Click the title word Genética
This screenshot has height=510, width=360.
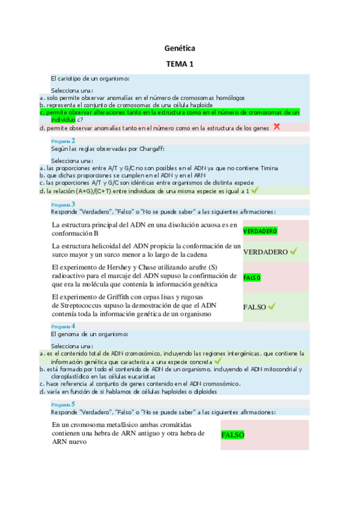[x=180, y=48]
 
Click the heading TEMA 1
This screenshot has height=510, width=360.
[x=180, y=64]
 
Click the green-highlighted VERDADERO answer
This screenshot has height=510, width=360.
[x=260, y=232]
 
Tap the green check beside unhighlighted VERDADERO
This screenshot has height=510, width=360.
[x=293, y=251]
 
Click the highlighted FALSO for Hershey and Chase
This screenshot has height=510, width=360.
[x=252, y=277]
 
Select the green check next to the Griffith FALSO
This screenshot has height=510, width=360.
[x=272, y=307]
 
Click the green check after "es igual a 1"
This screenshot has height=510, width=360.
[x=255, y=191]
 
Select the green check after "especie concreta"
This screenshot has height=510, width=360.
[x=217, y=361]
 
